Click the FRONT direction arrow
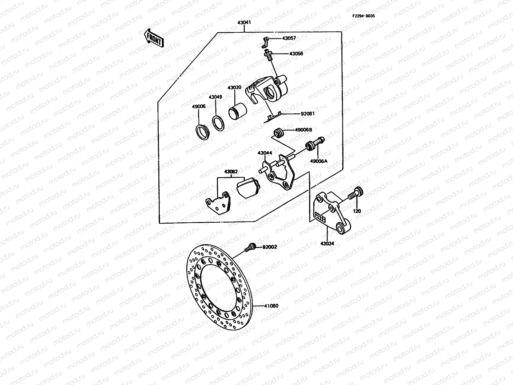154,38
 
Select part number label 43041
244,23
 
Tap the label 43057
289,38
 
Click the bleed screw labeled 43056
268,54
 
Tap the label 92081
307,113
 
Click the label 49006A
318,161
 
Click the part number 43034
327,244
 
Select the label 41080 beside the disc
271,306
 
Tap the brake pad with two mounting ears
218,204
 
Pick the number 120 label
357,211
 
